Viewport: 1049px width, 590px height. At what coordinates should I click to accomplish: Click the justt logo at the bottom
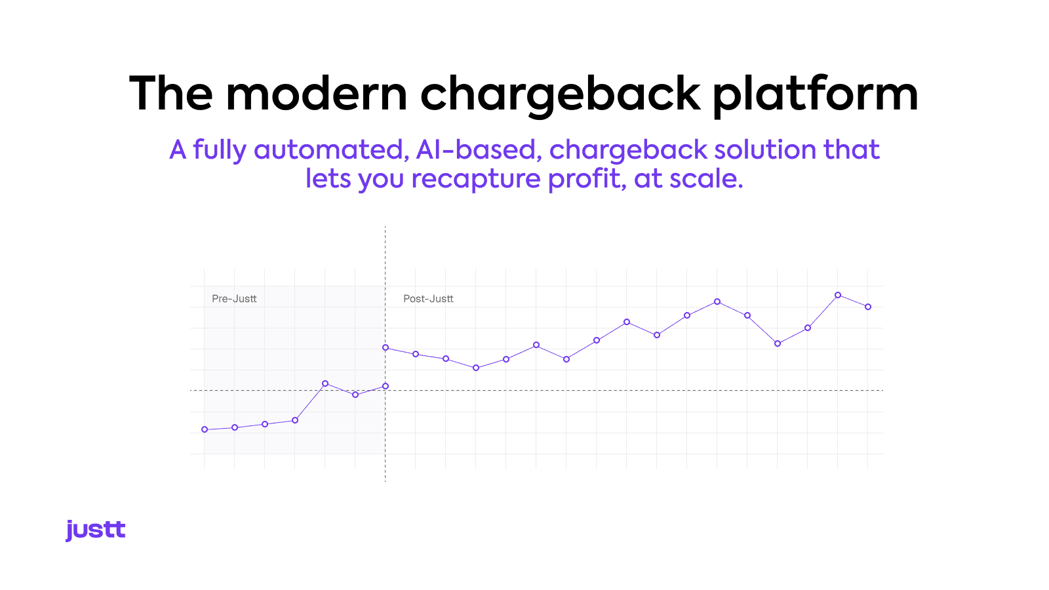coord(95,530)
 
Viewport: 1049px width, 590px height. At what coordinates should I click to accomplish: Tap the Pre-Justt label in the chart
coord(234,299)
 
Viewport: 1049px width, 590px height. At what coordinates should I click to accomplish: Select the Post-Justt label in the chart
coord(428,299)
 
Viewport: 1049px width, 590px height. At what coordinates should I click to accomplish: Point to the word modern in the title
coord(317,94)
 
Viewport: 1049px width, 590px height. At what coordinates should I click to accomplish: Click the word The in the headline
coord(171,94)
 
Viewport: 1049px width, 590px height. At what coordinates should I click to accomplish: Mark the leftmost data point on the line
coord(205,429)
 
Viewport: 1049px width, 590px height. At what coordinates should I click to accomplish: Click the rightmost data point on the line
coord(868,307)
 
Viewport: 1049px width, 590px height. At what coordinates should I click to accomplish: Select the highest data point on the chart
coord(838,295)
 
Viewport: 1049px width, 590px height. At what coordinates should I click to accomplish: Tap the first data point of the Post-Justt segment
coord(386,347)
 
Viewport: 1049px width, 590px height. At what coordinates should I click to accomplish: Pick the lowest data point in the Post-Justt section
coord(476,368)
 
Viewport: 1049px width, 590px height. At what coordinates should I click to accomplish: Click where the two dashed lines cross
coord(386,391)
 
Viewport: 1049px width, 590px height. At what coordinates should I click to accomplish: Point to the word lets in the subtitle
coord(328,179)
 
